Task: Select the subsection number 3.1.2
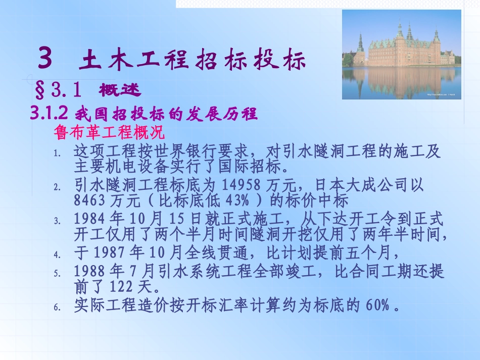coord(49,114)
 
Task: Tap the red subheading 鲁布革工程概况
coord(109,133)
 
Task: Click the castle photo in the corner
coord(401,55)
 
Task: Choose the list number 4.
coord(57,254)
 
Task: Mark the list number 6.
coord(57,307)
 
